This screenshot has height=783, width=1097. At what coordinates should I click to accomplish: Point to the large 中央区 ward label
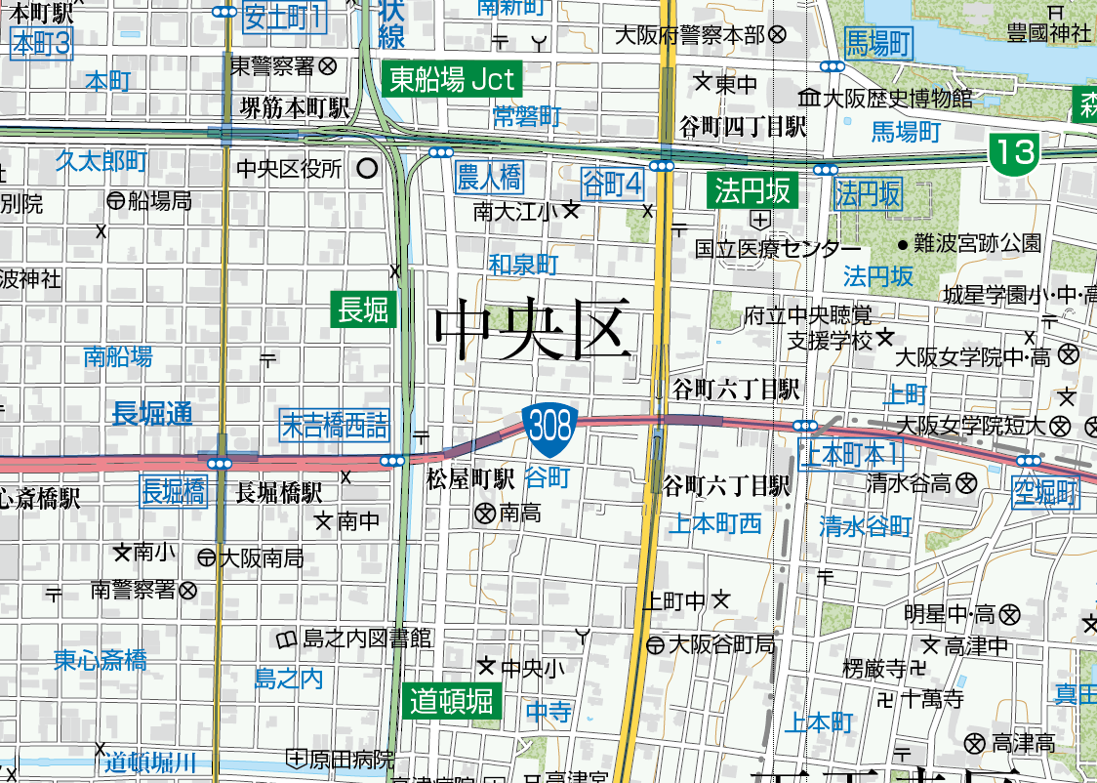coord(530,330)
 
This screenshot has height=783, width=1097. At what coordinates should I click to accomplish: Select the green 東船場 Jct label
coord(453,80)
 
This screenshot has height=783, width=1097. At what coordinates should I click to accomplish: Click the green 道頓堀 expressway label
coord(452,700)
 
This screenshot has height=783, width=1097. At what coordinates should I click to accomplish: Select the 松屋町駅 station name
coord(470,479)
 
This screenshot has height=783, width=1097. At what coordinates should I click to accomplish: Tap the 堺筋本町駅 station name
coord(296,108)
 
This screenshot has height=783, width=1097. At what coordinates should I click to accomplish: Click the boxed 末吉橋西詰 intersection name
coord(334,425)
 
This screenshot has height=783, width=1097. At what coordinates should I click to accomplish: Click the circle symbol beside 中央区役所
coord(367,169)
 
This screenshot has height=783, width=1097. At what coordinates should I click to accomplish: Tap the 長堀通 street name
coord(153,413)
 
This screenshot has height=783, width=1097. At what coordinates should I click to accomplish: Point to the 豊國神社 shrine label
coord(1049,32)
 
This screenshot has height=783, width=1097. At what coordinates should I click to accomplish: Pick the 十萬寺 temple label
coord(932,699)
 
